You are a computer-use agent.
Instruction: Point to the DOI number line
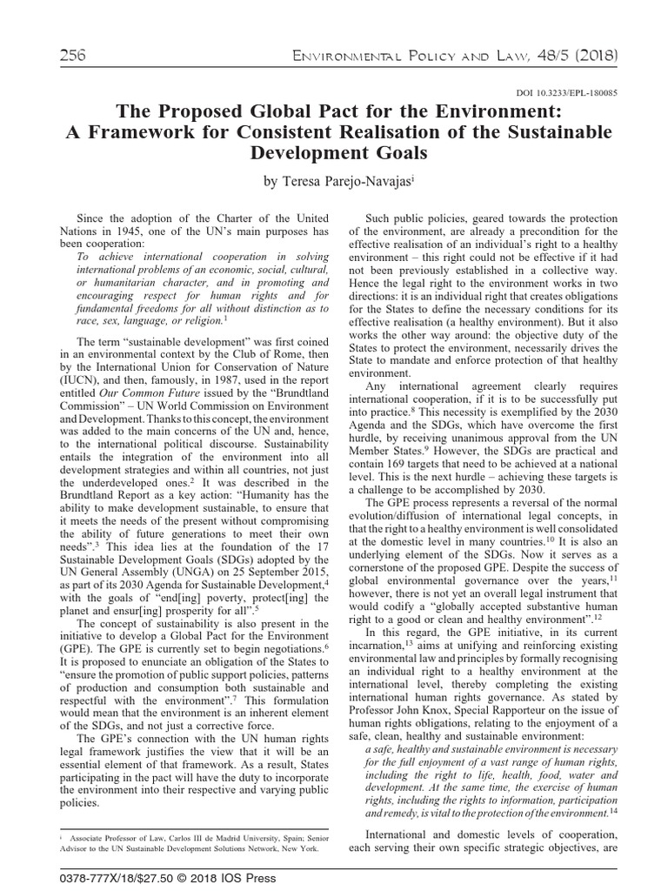click(567, 92)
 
